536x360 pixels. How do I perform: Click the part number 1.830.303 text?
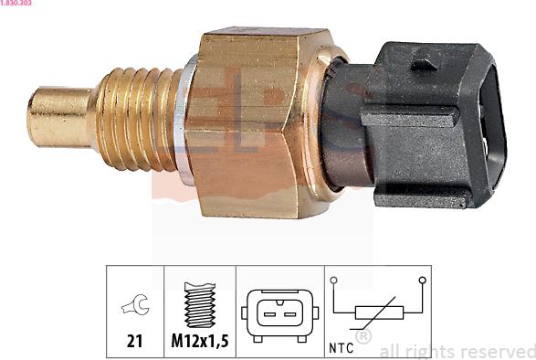[16, 3]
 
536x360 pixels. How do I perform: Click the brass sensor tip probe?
[61, 117]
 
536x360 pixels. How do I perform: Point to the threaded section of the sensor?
[139, 119]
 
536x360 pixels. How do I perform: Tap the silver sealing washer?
[184, 120]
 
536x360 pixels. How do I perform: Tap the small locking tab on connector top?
[424, 64]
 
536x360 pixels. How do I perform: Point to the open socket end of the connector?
[493, 126]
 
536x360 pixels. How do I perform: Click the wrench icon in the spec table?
[136, 304]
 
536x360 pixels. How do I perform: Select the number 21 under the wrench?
[134, 341]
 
